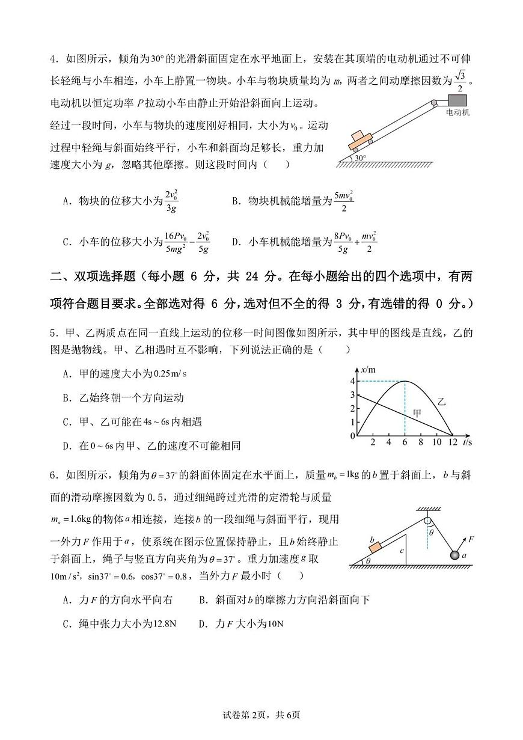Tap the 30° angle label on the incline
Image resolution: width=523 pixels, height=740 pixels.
(359, 158)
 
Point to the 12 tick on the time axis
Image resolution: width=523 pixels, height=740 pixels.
(453, 443)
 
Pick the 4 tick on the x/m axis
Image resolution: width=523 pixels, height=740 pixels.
(353, 381)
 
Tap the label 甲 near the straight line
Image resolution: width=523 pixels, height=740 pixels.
(417, 413)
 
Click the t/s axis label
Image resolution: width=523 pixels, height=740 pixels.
(467, 443)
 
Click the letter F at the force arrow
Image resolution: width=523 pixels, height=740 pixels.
(471, 539)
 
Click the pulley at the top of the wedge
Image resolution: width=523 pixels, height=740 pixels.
(427, 521)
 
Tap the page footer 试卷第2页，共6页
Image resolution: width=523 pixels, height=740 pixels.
(261, 715)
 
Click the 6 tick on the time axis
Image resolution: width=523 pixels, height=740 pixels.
(405, 443)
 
